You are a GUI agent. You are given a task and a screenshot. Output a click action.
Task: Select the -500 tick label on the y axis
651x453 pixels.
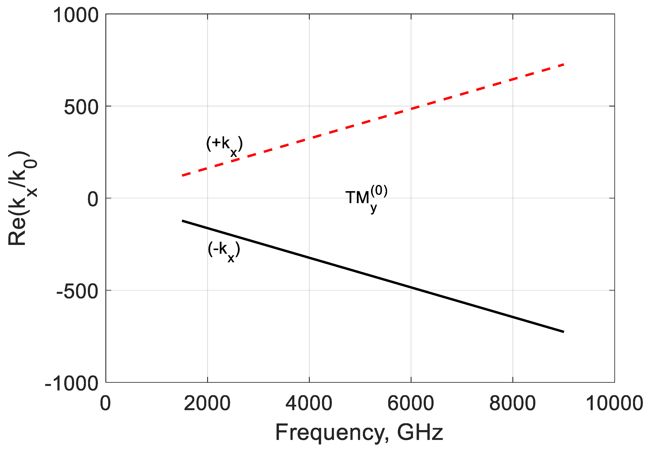tap(77, 291)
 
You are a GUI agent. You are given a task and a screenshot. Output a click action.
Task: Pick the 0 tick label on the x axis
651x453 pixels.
tap(105, 403)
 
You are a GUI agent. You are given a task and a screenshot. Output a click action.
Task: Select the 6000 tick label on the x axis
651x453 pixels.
tap(411, 403)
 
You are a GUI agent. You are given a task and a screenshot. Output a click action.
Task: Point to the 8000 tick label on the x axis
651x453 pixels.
tap(512, 403)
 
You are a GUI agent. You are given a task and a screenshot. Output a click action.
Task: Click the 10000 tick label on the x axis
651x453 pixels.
tap(614, 403)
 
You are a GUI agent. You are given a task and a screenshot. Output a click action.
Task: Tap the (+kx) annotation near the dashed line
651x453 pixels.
tap(224, 145)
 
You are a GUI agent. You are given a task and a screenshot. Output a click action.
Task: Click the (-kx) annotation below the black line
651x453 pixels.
tap(224, 251)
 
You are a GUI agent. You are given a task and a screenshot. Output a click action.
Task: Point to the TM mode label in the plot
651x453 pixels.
tap(366, 198)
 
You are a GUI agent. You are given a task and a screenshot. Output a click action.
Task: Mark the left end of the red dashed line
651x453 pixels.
tap(183, 175)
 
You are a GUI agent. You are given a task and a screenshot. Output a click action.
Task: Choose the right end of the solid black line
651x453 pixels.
tap(564, 331)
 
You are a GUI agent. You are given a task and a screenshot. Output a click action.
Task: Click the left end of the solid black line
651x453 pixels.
tap(182, 221)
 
